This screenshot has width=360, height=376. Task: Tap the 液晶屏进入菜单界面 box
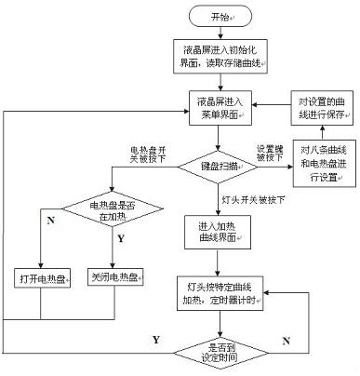220,104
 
